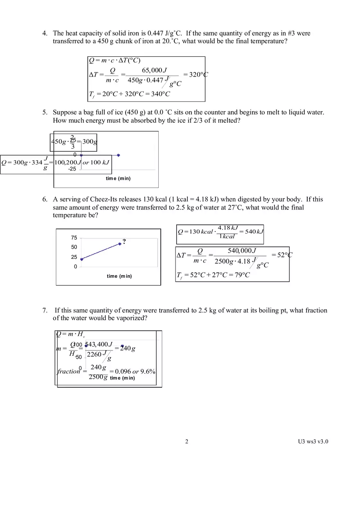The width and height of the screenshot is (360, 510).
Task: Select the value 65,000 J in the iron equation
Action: (152, 70)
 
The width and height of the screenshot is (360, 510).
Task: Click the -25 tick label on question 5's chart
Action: (72, 169)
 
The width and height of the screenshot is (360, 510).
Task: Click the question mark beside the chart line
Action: (124, 241)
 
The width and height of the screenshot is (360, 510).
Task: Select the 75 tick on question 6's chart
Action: (74, 238)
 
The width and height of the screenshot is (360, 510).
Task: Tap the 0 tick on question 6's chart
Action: (75, 267)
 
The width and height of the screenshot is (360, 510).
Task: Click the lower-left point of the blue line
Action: (82, 259)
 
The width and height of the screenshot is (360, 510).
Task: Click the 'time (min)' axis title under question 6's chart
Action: (119, 276)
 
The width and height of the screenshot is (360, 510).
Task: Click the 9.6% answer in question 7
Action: (148, 371)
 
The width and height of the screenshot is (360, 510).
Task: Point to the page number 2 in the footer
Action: (187, 441)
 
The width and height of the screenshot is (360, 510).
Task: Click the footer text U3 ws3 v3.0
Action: (313, 441)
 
